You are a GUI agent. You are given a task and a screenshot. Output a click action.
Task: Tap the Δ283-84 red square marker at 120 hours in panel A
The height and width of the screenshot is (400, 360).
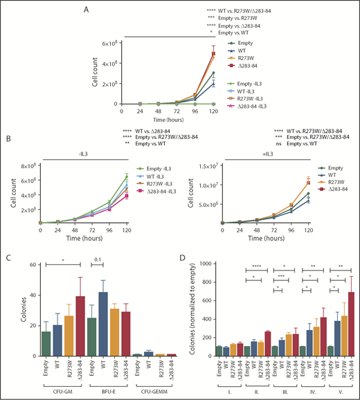214,54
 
